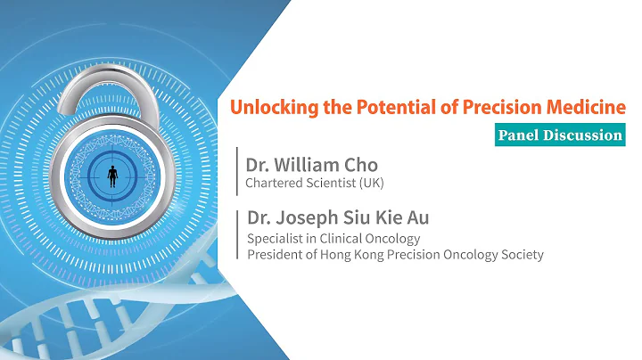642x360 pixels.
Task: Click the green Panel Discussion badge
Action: tap(559, 135)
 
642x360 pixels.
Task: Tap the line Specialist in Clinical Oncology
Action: tap(333, 238)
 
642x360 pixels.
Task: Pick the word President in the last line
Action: tap(274, 255)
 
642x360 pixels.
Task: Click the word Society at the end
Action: tap(523, 255)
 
